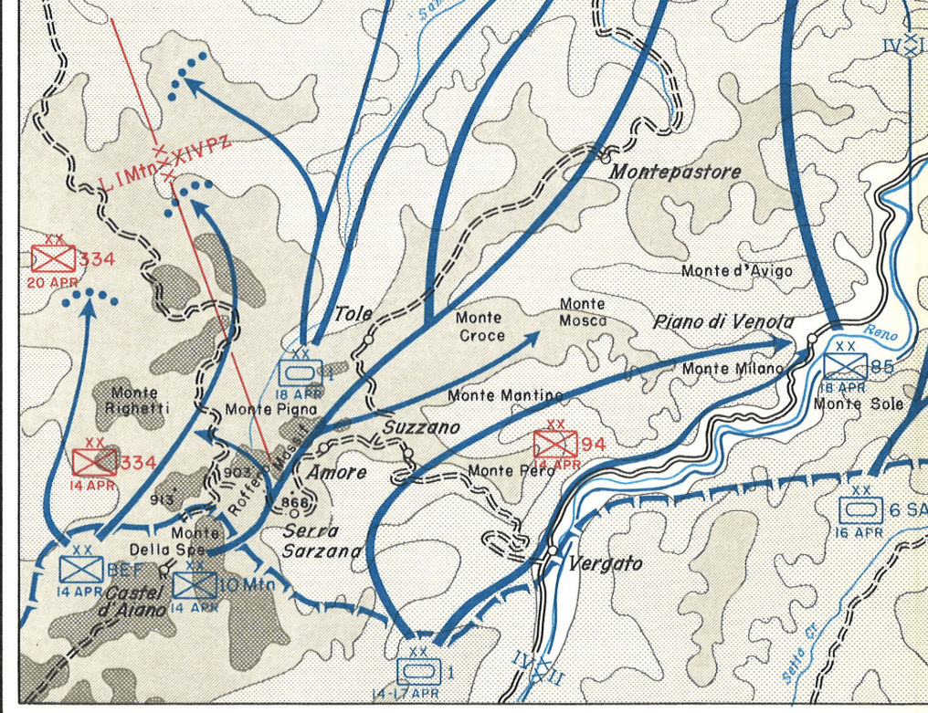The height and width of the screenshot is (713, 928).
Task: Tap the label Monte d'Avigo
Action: pos(737,271)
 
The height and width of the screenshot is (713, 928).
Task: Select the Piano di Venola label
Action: pos(723,322)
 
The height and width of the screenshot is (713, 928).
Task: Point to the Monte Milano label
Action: pos(733,369)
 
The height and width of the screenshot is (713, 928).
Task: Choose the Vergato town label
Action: pos(605,564)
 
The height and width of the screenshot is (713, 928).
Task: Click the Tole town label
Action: pos(353,314)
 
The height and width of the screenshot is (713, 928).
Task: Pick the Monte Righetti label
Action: pos(137,401)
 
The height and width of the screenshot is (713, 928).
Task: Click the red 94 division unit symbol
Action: pos(555,444)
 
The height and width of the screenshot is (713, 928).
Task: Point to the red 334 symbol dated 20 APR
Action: pos(53,259)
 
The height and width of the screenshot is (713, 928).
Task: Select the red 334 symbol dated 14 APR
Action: pos(95,462)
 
